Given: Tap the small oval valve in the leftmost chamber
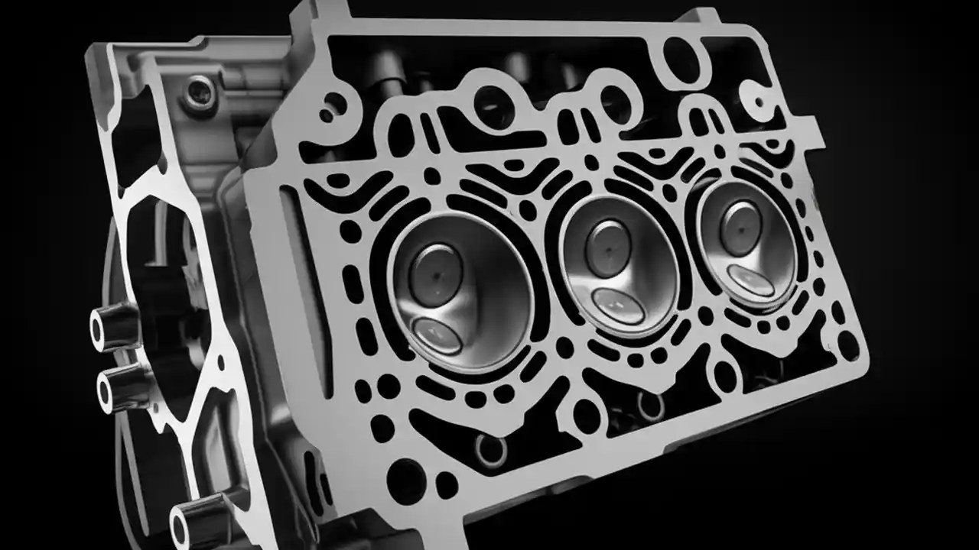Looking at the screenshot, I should coord(437,335).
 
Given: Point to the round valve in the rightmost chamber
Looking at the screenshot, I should coord(740,227).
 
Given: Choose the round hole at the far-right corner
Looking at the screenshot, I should coord(847,345).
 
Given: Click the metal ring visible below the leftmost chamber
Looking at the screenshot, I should coord(491,451).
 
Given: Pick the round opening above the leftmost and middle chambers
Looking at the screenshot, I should coord(493,107).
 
